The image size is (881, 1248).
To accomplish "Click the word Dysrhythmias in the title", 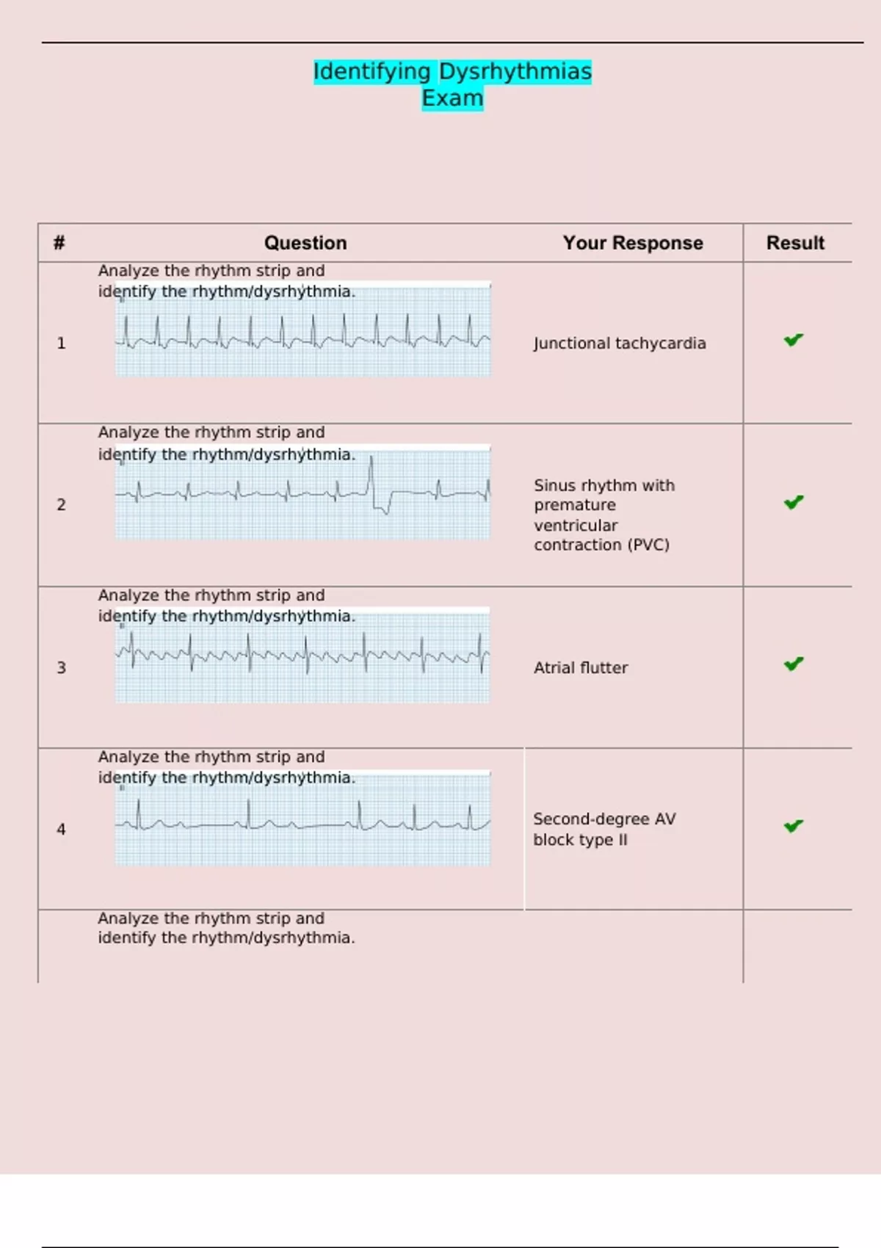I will click(515, 71).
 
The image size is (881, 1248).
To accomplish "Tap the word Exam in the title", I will click(452, 98).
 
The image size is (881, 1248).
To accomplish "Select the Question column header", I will click(305, 243).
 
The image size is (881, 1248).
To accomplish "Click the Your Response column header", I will click(633, 243).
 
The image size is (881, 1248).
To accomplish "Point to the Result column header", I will click(795, 243).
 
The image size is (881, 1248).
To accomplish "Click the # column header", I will click(59, 243).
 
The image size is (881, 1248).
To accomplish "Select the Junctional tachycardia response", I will click(620, 344).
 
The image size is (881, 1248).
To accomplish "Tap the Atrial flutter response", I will click(581, 668).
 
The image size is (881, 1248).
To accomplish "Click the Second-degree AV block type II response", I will click(604, 830).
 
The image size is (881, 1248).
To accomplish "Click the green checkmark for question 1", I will click(794, 340).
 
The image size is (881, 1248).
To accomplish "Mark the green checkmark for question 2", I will click(794, 503).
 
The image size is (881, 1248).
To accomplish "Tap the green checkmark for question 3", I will click(794, 664).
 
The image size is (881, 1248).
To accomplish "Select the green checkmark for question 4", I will click(794, 827).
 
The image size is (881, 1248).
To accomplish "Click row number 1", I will click(62, 344).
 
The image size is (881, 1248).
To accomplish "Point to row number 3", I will click(62, 668).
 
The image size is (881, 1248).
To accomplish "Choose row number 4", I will click(62, 830).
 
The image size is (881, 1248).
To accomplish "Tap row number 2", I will click(62, 505).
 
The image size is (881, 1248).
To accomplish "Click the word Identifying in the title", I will click(372, 71).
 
